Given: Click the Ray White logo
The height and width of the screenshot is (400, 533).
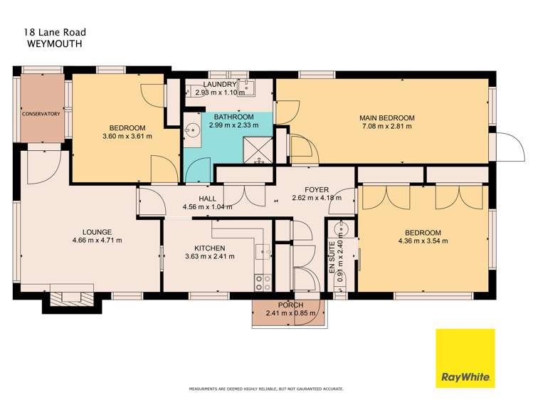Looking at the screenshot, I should pos(465,357).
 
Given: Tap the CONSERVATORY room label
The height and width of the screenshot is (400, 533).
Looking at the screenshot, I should pos(40,114).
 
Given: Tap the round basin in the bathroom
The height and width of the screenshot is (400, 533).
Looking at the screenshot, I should pos(191,131).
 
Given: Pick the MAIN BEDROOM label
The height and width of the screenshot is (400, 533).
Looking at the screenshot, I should pos(387,117).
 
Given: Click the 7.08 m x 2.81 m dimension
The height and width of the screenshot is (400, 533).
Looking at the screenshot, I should pos(387,127).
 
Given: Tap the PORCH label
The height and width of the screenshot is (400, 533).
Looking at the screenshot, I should pos(290,305).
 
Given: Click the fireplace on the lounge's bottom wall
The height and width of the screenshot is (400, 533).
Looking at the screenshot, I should pos(71,297).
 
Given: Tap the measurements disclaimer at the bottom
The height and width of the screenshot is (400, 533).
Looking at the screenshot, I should pos(265,389).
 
